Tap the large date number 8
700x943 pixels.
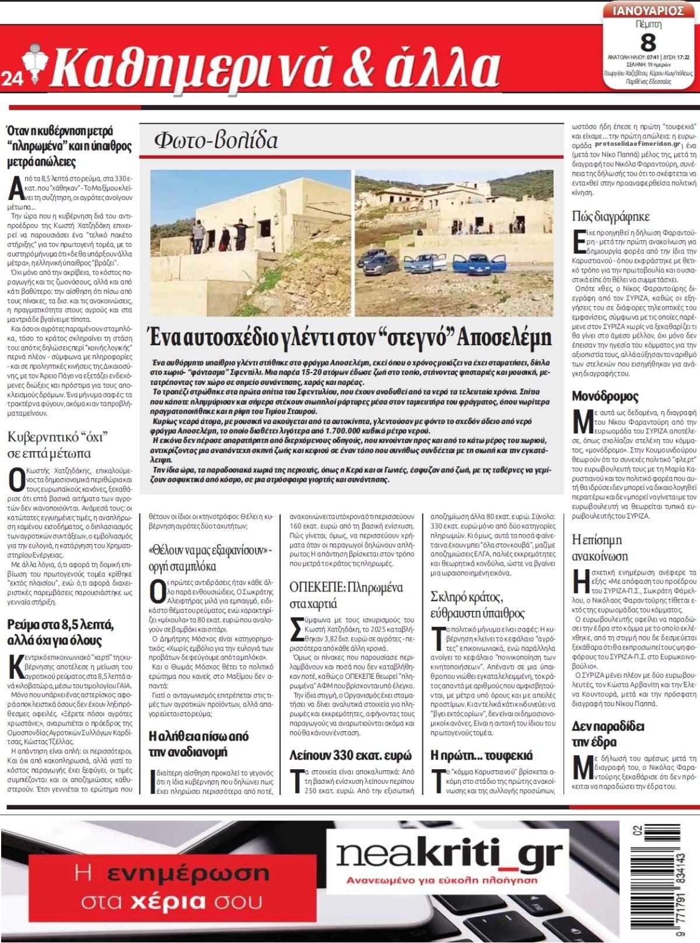click(x=648, y=43)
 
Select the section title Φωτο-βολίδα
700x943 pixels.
click(x=216, y=141)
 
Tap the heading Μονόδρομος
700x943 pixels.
click(x=605, y=397)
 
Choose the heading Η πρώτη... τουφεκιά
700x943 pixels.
click(x=481, y=755)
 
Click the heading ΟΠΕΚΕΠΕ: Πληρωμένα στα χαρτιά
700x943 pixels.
click(x=346, y=594)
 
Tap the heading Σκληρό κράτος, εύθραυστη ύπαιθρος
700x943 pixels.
click(x=477, y=605)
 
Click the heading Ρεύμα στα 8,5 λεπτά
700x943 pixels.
click(x=61, y=633)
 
